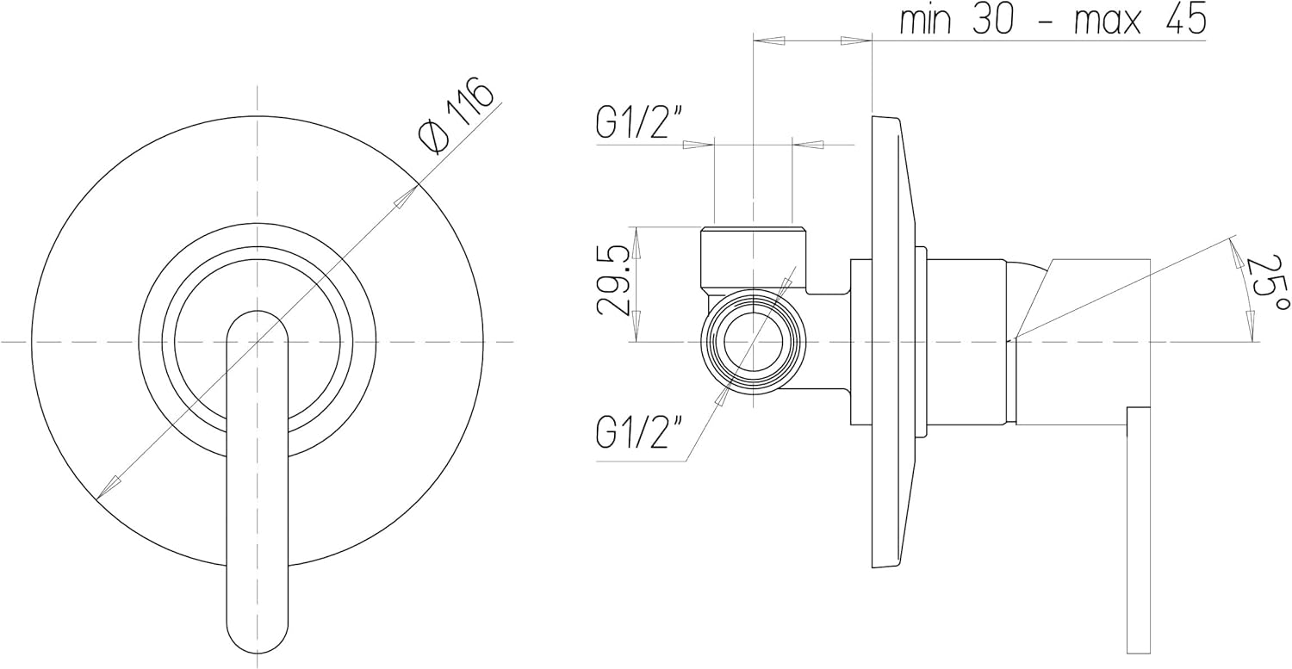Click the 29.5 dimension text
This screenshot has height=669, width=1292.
(617, 281)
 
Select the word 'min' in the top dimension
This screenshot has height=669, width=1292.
(926, 21)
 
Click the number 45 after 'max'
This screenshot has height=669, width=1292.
(1185, 21)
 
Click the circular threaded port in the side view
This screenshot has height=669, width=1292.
(753, 342)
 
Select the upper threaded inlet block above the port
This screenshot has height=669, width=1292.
(754, 257)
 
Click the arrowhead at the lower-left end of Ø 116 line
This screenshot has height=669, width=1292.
(105, 490)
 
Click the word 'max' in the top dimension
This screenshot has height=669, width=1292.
(1108, 21)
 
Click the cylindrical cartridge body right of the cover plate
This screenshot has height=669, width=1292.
(966, 342)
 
